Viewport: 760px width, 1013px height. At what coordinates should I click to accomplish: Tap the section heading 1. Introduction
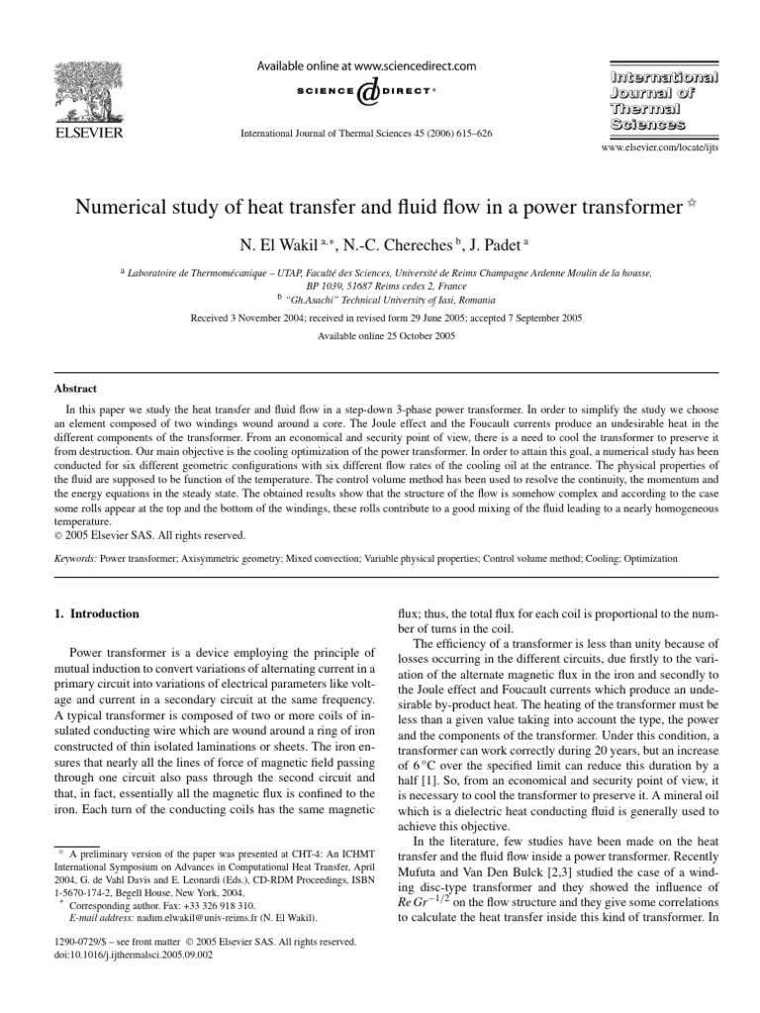[x=96, y=614]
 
